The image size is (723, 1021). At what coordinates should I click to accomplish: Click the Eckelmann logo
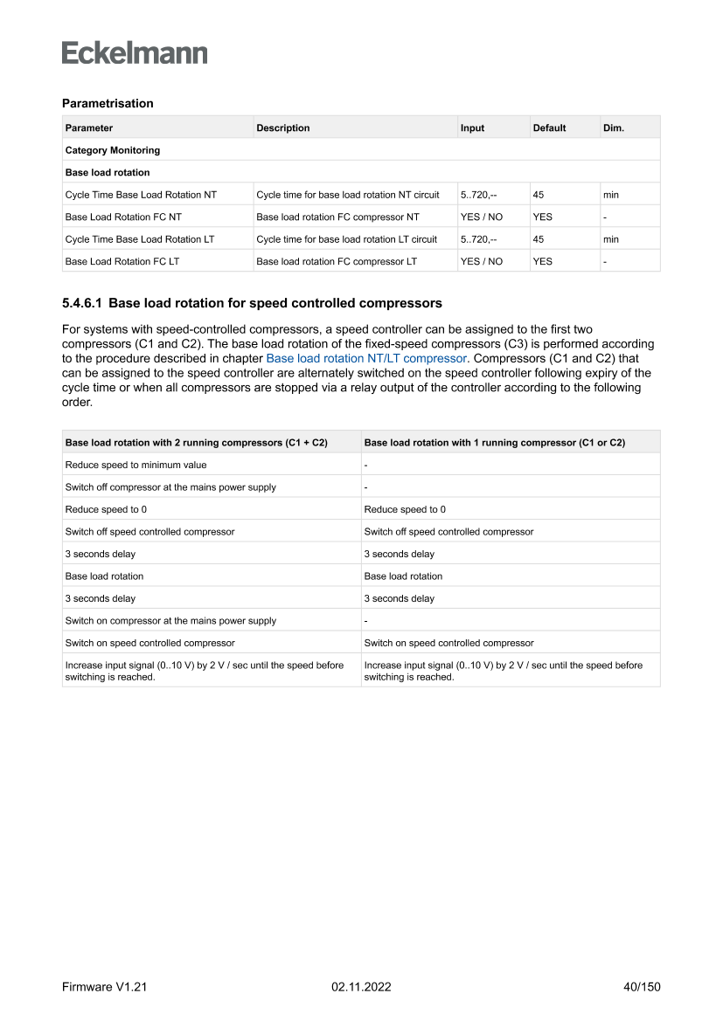click(135, 53)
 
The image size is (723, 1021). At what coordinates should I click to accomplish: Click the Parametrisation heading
click(108, 103)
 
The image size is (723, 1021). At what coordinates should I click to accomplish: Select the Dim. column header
click(614, 128)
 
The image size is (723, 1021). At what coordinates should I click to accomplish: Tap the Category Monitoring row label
click(113, 150)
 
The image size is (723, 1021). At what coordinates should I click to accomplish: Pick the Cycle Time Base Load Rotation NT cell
click(141, 195)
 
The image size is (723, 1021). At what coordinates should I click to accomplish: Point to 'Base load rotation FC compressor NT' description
click(337, 217)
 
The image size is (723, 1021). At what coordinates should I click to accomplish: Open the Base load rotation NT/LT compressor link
click(366, 358)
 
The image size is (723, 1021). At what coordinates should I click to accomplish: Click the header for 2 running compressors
click(197, 443)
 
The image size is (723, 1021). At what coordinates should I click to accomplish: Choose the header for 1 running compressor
click(494, 443)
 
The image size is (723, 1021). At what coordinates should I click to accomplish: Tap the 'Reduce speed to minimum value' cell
click(136, 465)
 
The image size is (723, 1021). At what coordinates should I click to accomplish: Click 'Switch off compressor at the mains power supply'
click(170, 487)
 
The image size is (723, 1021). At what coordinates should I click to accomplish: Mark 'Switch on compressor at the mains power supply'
click(170, 621)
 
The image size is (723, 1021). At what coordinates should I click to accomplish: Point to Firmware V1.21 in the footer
click(104, 987)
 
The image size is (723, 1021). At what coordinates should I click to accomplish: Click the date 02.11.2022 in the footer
click(361, 987)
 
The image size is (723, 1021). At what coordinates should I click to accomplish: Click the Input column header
click(472, 128)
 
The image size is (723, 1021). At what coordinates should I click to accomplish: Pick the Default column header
click(549, 128)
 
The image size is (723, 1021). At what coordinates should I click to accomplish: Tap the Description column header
click(282, 128)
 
